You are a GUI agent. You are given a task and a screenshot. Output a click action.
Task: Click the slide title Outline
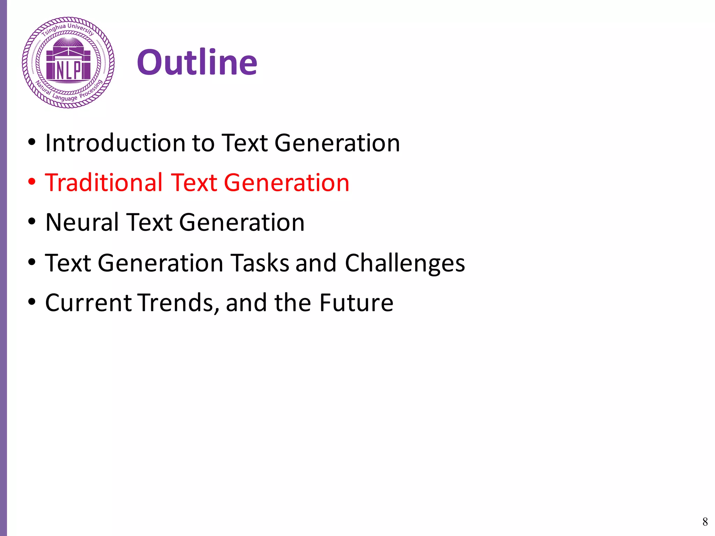(197, 62)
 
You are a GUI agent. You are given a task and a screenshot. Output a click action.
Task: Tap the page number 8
(705, 522)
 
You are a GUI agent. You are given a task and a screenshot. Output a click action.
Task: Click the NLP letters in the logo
(68, 70)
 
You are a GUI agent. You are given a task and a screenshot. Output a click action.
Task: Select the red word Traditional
(104, 183)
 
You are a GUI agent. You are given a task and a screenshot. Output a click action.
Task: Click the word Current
(88, 303)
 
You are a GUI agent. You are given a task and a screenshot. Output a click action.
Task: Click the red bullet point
(32, 182)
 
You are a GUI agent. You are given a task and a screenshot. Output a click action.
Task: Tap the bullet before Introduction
(32, 142)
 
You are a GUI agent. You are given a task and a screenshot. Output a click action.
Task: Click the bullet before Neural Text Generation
(32, 222)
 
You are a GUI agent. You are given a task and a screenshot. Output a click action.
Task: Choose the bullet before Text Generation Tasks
(32, 262)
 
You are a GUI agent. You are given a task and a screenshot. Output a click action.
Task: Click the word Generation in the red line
(286, 183)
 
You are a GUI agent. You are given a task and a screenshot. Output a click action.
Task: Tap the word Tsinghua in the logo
(53, 30)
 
